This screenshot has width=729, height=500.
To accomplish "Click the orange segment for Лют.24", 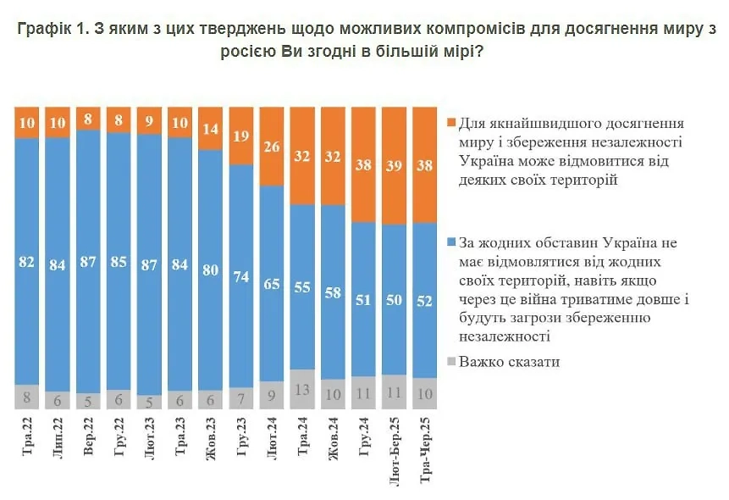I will [x=272, y=146].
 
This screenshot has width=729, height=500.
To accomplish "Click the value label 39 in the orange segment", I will [x=395, y=166].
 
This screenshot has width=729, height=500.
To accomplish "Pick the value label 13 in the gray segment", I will [x=302, y=390].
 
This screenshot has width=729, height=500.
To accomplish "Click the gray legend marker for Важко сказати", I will [x=451, y=362].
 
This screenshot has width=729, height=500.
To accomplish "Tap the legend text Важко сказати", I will [x=510, y=362].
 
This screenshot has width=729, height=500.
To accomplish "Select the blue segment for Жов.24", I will [x=333, y=292].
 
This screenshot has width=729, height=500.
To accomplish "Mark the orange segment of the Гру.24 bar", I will [x=364, y=165].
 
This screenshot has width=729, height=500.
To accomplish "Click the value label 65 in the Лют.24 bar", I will [x=272, y=283].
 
